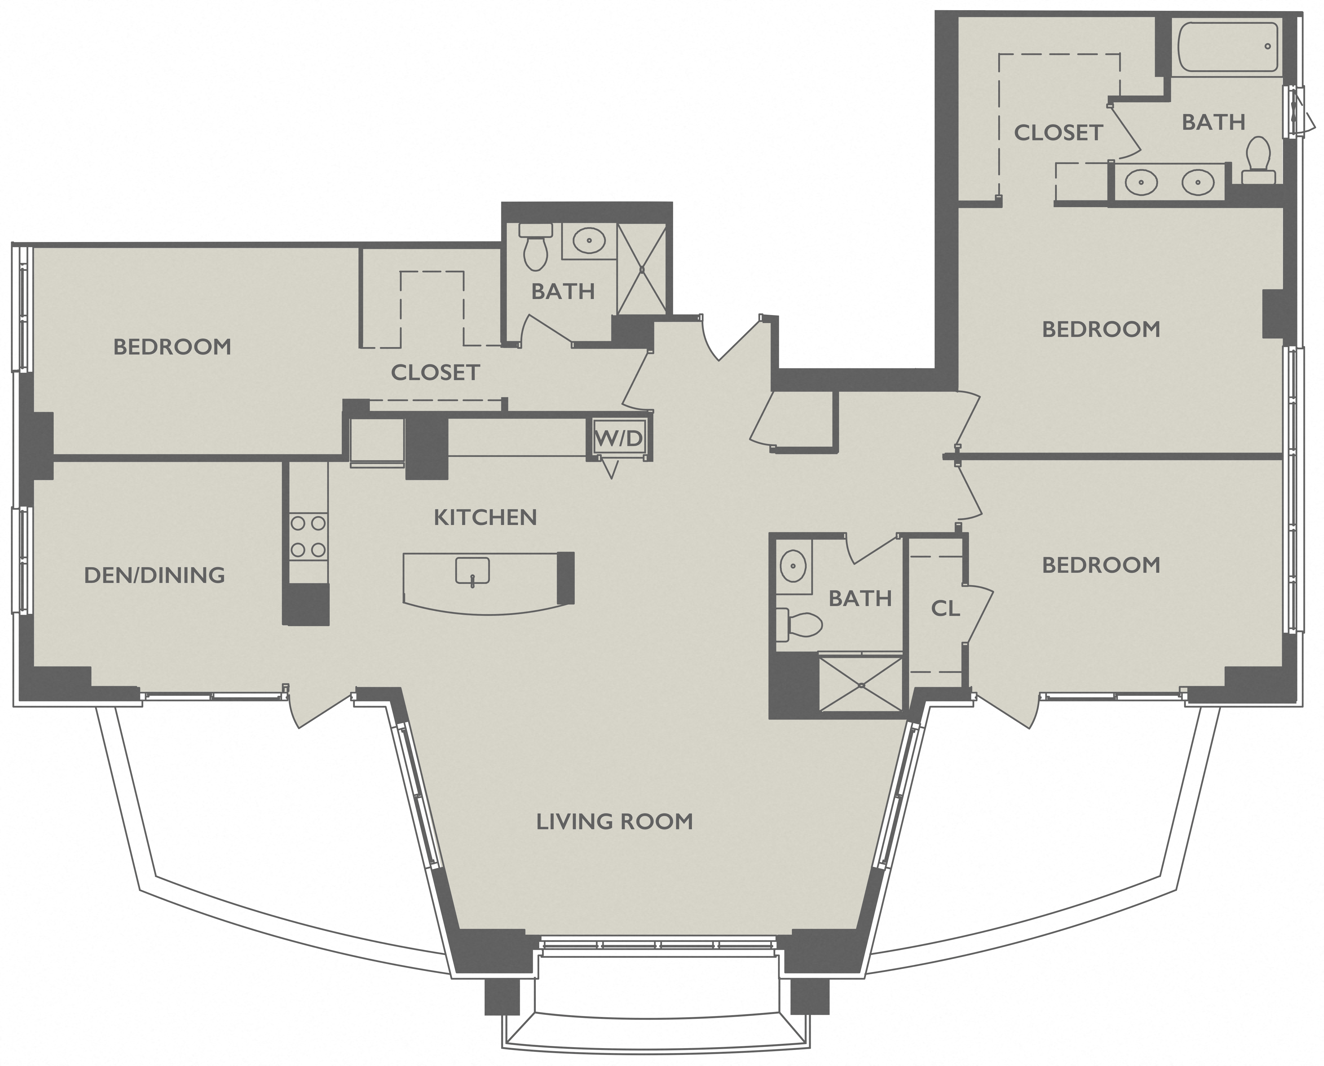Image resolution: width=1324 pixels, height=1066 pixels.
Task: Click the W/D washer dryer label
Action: click(619, 438)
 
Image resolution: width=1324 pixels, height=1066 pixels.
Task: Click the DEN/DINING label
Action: click(154, 575)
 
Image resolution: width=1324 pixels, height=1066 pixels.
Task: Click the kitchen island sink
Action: click(472, 571)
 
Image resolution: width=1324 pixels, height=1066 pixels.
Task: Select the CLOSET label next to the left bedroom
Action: click(435, 372)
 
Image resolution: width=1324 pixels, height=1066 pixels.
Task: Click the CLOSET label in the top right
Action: click(1058, 133)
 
